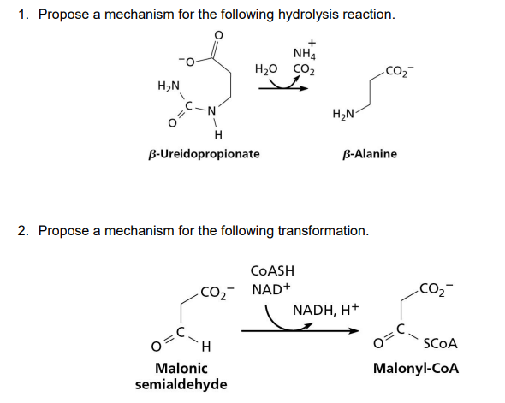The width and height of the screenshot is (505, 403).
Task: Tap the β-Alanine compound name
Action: [x=369, y=154]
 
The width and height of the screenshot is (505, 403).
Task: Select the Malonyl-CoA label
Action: [x=415, y=369]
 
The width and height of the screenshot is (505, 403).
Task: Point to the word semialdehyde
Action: [x=181, y=383]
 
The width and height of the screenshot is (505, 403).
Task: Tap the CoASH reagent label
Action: [x=273, y=271]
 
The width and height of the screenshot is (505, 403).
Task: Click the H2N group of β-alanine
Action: [x=341, y=115]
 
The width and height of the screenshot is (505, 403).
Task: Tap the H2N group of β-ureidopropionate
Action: [x=169, y=86]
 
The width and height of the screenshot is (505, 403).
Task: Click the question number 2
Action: [x=22, y=231]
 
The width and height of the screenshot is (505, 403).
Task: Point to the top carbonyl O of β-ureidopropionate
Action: [x=217, y=35]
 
